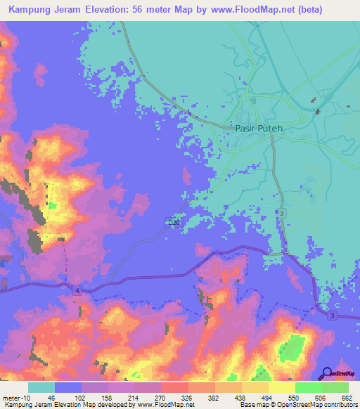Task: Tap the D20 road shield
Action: point(173,223)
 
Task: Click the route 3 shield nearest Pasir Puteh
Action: point(281,212)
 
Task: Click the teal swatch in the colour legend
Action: point(41,387)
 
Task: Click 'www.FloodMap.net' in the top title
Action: point(247,10)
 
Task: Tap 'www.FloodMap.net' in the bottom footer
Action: point(166,405)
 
